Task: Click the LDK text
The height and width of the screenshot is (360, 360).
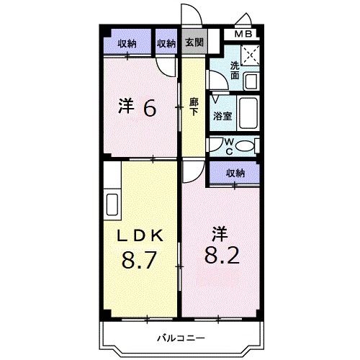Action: coord(142,234)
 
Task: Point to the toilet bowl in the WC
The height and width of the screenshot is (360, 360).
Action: coord(245,146)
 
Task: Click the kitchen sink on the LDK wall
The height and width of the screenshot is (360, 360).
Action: coord(112,201)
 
